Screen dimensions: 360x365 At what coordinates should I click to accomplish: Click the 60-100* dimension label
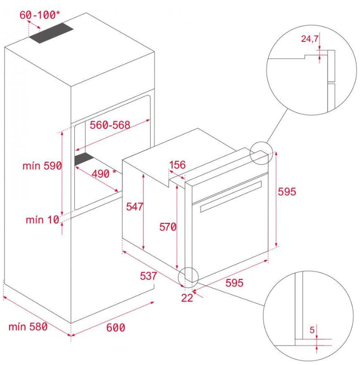(39, 15)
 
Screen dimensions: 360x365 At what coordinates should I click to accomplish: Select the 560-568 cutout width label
(110, 125)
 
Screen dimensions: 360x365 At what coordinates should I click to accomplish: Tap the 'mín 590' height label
(42, 166)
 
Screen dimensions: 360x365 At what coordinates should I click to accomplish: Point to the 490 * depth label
(104, 174)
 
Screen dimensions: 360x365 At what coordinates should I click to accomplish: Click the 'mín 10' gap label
(42, 220)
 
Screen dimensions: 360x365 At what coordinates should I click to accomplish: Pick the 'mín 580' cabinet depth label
(28, 327)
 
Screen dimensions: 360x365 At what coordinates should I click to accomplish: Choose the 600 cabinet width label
(116, 328)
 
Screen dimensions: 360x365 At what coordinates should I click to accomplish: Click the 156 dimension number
(177, 165)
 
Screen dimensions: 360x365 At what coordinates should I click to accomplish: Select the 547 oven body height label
(134, 207)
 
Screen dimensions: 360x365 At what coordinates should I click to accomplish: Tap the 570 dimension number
(168, 227)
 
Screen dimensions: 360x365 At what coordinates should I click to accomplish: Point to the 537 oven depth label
(148, 276)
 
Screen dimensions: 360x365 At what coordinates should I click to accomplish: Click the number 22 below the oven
(187, 298)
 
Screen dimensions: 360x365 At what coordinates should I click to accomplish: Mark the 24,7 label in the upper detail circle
(310, 38)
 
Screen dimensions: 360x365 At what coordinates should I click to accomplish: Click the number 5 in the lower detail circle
(312, 330)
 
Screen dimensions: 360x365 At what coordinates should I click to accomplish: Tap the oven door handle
(231, 196)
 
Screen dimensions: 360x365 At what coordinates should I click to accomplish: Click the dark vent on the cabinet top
(51, 33)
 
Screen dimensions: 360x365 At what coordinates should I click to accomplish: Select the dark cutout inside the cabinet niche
(84, 159)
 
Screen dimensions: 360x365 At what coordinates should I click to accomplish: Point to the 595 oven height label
(287, 192)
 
